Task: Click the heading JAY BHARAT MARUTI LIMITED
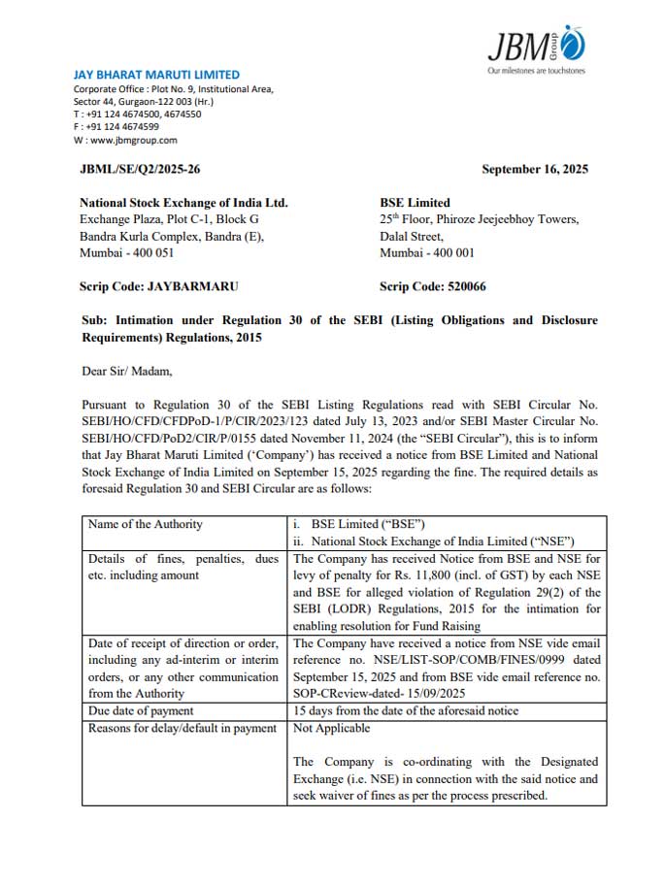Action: [x=156, y=75]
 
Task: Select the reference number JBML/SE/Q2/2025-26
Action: [x=140, y=170]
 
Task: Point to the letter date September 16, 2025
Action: [x=534, y=170]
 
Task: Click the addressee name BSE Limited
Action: [x=415, y=203]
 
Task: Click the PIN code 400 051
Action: [x=149, y=252]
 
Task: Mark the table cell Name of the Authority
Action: [x=146, y=524]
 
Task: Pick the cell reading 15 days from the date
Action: [x=406, y=710]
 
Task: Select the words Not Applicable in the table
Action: [x=331, y=728]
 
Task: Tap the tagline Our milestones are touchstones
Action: [x=536, y=71]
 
